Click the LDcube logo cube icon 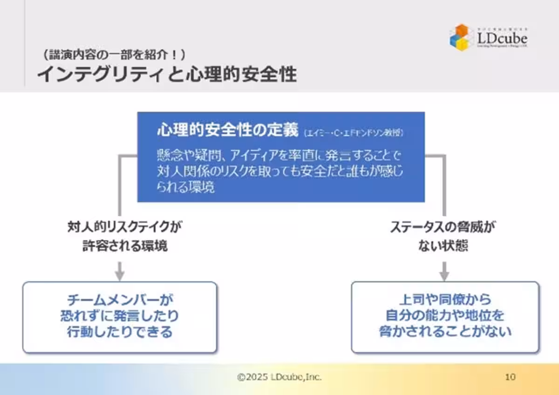pyautogui.click(x=461, y=37)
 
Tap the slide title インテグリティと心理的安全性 pyautogui.click(x=166, y=74)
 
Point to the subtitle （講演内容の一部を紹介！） pyautogui.click(x=114, y=54)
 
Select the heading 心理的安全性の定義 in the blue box pyautogui.click(x=227, y=131)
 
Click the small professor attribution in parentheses pyautogui.click(x=354, y=133)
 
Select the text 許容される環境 pyautogui.click(x=125, y=246)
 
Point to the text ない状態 pyautogui.click(x=443, y=246)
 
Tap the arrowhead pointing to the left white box pyautogui.click(x=120, y=276)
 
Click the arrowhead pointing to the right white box pyautogui.click(x=444, y=276)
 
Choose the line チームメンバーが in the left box pyautogui.click(x=120, y=300)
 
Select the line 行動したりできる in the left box pyautogui.click(x=120, y=332)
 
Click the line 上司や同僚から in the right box pyautogui.click(x=445, y=300)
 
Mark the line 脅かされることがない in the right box pyautogui.click(x=445, y=332)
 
